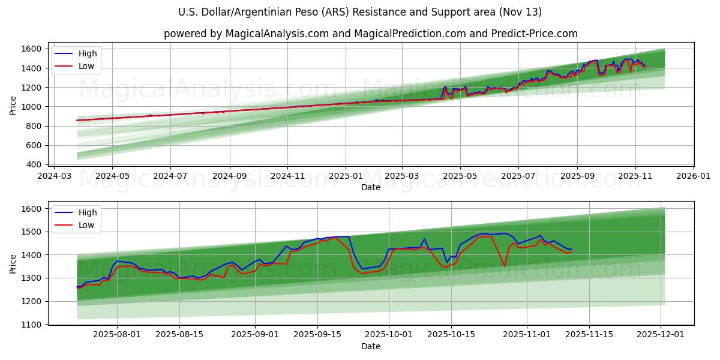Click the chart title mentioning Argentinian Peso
click(360, 12)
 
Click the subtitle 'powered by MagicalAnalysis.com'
click(371, 34)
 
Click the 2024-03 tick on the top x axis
click(55, 177)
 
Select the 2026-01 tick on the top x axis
click(693, 177)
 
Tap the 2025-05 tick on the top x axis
click(460, 177)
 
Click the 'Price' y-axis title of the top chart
click(13, 106)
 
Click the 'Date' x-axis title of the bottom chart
click(371, 347)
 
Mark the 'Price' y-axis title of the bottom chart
click(13, 264)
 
